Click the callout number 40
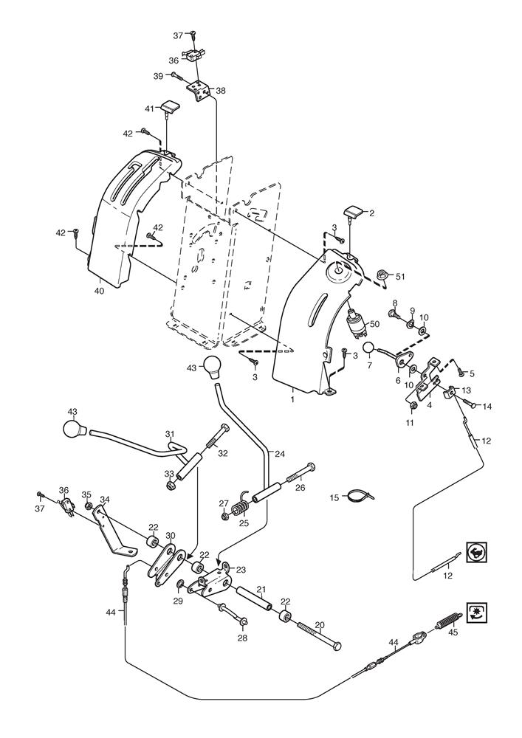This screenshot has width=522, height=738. (x=99, y=290)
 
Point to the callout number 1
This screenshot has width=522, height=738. (x=292, y=399)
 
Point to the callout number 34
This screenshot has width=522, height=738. (x=104, y=499)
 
